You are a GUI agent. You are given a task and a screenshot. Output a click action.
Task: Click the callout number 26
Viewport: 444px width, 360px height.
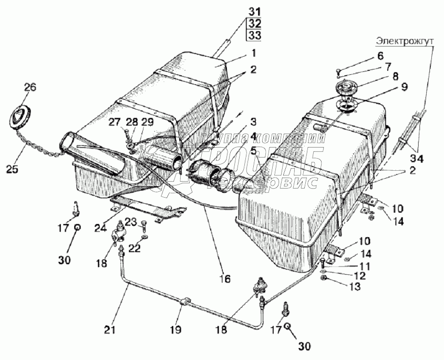pos(30,88)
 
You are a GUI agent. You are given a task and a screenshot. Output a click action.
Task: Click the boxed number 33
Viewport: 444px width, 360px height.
pos(254,36)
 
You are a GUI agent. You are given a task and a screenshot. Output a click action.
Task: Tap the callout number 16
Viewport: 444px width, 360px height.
pos(225,279)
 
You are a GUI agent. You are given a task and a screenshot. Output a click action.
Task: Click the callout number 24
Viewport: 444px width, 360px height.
pos(101,228)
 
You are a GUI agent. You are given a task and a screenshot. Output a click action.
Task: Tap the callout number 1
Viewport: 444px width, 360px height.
pos(253,53)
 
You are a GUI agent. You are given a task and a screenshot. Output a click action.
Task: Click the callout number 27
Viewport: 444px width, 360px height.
pos(114,122)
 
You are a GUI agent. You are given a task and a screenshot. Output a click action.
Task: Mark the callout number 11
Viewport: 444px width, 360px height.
pos(364,266)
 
